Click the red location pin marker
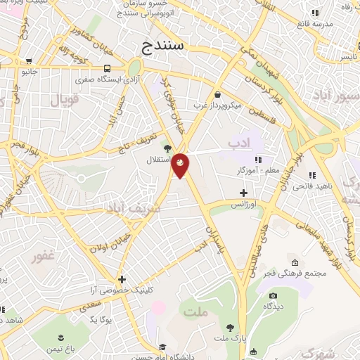pos(181,165)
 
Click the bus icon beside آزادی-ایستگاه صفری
pos(108,68)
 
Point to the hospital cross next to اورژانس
pos(244,192)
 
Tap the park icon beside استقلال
pos(167,148)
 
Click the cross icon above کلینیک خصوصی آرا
pos(122,279)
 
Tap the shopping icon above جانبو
pos(28,60)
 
